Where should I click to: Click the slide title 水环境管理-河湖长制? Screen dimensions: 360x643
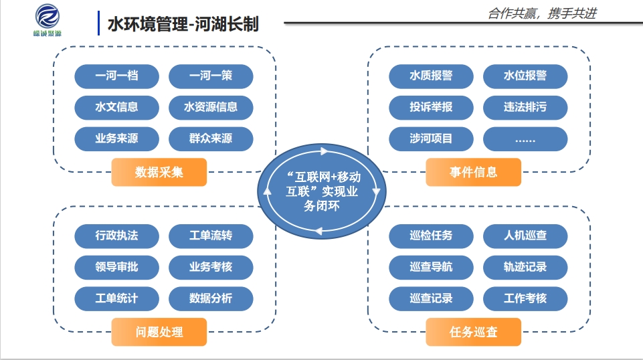(x=183, y=24)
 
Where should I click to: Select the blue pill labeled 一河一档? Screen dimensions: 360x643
(x=116, y=76)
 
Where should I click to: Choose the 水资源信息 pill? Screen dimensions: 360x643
(x=211, y=107)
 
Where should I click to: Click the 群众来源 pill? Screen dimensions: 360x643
(x=211, y=139)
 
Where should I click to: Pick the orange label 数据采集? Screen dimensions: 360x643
(x=159, y=172)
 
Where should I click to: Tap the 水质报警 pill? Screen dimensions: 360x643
(x=431, y=76)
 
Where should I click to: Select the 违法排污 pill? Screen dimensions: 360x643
(x=525, y=107)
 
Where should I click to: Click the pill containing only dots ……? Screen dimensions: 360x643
(x=525, y=139)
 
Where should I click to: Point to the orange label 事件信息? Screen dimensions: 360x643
(x=473, y=172)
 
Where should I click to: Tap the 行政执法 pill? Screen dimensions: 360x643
(x=116, y=236)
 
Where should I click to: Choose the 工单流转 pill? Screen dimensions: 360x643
(x=211, y=236)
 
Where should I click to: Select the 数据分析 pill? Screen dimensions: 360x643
(x=211, y=298)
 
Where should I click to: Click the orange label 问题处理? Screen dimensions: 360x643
(x=159, y=332)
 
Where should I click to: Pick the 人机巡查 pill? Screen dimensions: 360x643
(x=525, y=236)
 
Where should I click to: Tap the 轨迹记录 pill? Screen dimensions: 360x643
(x=525, y=267)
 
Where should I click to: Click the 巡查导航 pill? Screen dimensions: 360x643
(x=431, y=267)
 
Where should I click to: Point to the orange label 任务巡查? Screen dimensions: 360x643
(x=473, y=332)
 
